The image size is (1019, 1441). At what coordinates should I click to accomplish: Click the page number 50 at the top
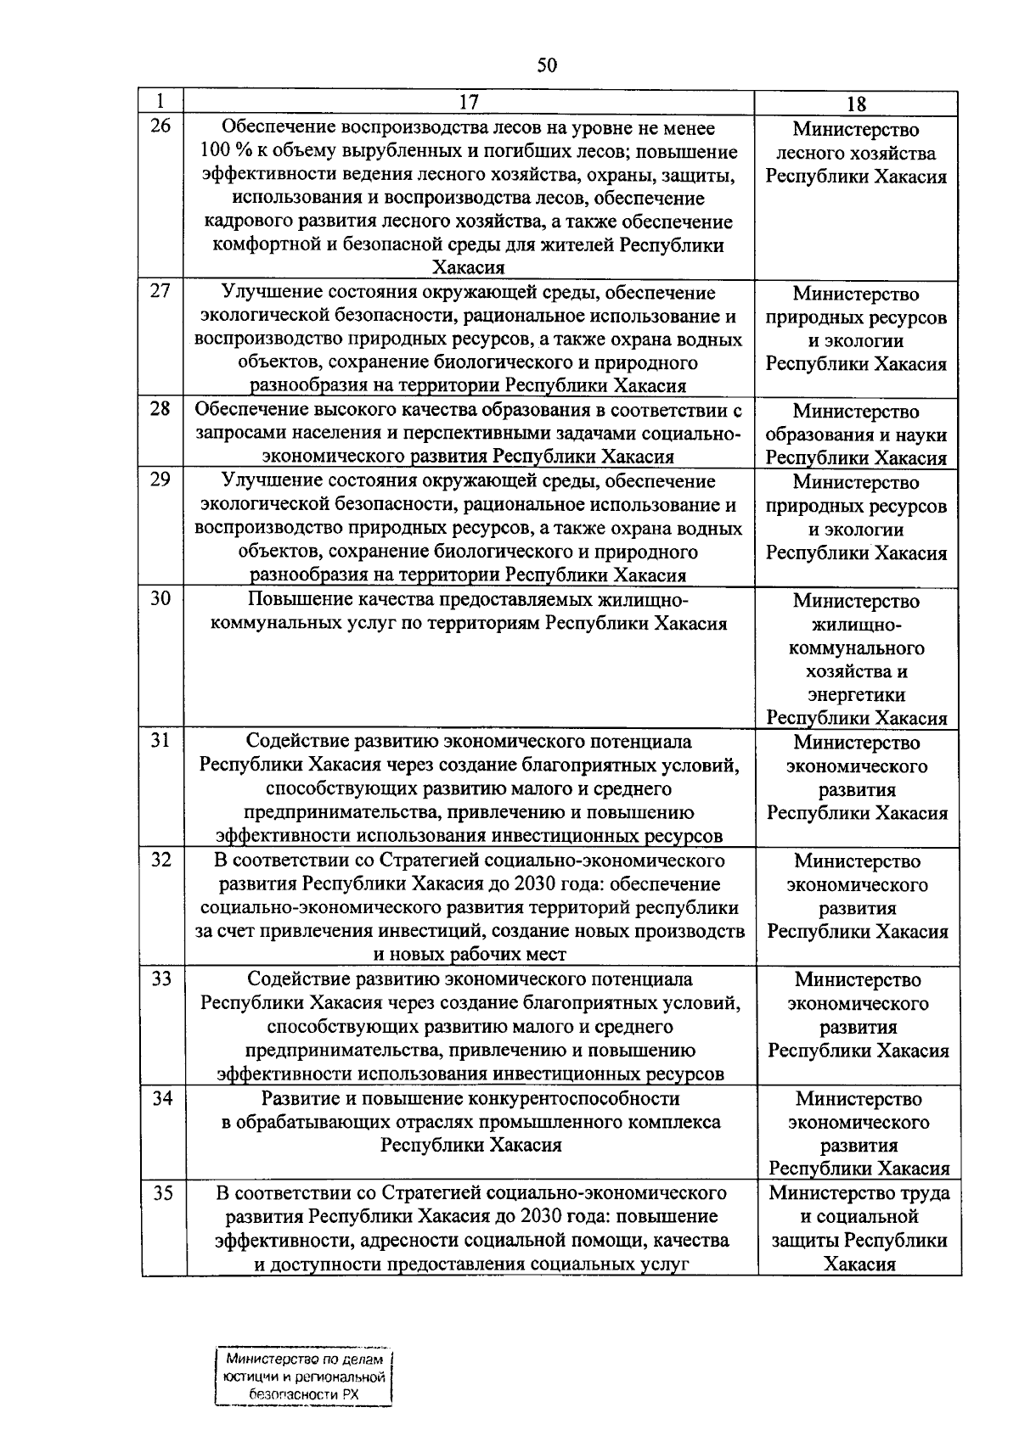[x=547, y=65]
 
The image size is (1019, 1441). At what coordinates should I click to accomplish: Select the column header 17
[x=469, y=103]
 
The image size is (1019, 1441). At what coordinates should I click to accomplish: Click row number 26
[x=160, y=127]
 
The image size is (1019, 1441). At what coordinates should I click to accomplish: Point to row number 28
[x=160, y=410]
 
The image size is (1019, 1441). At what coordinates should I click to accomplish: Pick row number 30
[x=160, y=599]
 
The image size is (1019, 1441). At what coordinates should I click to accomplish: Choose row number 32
[x=161, y=861]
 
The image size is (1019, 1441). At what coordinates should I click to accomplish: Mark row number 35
[x=162, y=1193]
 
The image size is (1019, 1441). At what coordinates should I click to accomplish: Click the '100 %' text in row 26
[x=222, y=153]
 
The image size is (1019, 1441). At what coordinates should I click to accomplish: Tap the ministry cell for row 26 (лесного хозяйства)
[x=856, y=154]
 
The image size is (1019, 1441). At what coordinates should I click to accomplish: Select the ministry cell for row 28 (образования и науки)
[x=856, y=435]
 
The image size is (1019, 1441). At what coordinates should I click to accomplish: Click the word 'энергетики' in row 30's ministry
[x=856, y=695]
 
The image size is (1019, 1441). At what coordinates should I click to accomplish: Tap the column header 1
[x=160, y=100]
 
